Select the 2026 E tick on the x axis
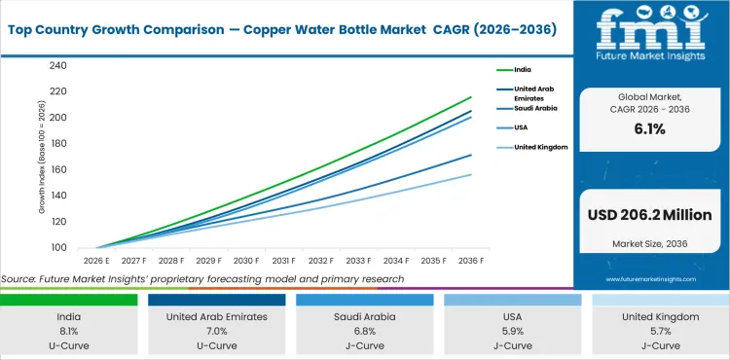(95, 261)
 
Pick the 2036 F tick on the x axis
(472, 261)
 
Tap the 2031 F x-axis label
(283, 261)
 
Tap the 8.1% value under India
(69, 331)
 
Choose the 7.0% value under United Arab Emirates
(217, 331)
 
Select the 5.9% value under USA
(512, 331)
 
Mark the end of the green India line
(471, 97)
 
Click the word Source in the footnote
(19, 280)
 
